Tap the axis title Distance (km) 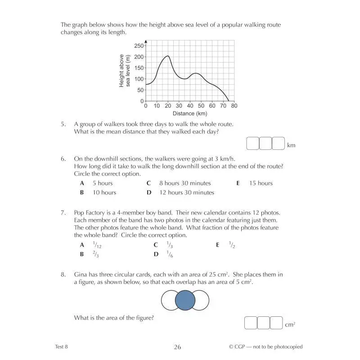pos(189,114)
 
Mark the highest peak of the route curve pos(168,56)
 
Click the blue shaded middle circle pos(185,301)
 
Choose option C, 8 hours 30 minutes pos(184,183)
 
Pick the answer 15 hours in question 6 pos(261,183)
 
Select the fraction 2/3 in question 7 pos(95,254)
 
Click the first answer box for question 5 pos(253,144)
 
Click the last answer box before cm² pos(276,323)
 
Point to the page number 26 pos(177,347)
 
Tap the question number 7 pos(63,212)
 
